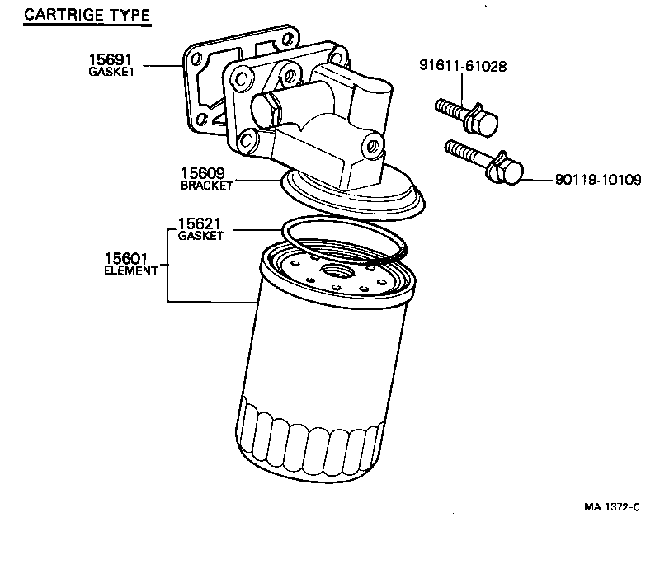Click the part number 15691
click(110, 60)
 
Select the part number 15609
click(203, 174)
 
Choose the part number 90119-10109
click(592, 180)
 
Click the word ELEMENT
click(131, 270)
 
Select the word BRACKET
click(206, 186)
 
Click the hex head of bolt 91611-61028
click(481, 122)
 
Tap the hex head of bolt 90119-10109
click(506, 172)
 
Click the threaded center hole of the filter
click(337, 270)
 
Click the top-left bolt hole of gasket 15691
click(198, 60)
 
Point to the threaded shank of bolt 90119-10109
click(466, 156)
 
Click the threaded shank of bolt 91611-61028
click(450, 110)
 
